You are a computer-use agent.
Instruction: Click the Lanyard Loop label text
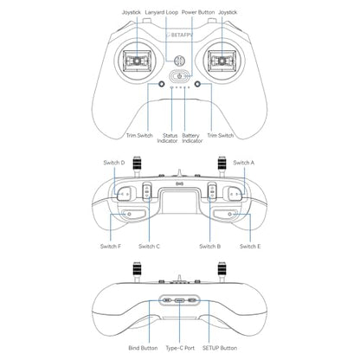tap(162, 12)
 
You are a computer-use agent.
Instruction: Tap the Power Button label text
tap(198, 12)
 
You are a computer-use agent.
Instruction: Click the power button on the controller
tap(179, 76)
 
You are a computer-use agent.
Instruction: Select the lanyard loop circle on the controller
tap(179, 61)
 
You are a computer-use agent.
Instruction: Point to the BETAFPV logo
tap(179, 35)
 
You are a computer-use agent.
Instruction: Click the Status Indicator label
tap(167, 138)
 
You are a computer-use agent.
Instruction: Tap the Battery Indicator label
tap(192, 138)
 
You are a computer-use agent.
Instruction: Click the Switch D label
tap(114, 163)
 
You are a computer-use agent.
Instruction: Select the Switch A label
tap(244, 163)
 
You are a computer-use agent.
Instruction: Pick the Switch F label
tap(111, 247)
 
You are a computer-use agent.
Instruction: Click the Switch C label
tap(149, 247)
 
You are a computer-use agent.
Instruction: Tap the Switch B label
tap(210, 247)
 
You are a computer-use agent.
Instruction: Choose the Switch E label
tap(250, 247)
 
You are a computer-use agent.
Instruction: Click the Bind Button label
tap(143, 348)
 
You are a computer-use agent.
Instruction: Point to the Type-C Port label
tap(180, 348)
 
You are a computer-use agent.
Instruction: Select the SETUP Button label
tap(220, 348)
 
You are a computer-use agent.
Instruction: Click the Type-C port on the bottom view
tap(179, 300)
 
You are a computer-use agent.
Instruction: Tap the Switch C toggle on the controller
tap(147, 191)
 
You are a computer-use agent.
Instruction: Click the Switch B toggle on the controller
tap(212, 191)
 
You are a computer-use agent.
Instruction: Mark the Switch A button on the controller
tap(235, 194)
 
